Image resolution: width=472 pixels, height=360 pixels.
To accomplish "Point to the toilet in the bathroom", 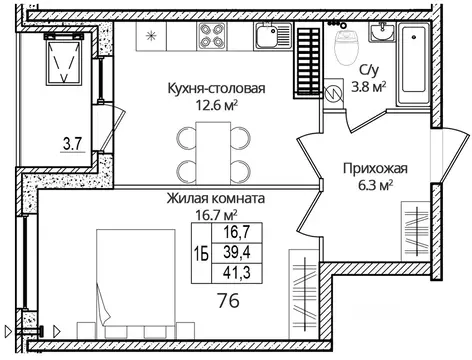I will [344, 45].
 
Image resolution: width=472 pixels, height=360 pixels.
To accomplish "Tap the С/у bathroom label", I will [368, 70].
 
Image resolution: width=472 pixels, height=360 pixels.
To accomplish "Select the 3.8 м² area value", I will [373, 86].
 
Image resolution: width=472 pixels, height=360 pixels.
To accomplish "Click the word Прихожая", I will [372, 168].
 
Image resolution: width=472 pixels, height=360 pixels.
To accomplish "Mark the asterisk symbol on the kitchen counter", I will [152, 37].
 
